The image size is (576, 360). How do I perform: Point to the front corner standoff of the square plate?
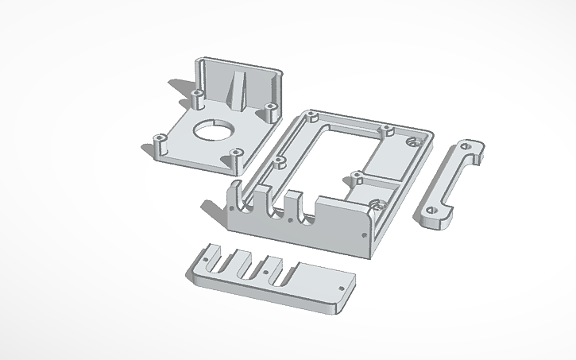click(x=235, y=154)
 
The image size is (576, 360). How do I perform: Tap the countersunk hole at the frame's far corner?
click(x=412, y=142)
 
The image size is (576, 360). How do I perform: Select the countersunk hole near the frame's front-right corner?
click(x=377, y=205)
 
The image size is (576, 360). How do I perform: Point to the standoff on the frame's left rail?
click(x=279, y=161)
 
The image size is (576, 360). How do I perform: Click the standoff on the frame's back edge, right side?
click(x=386, y=128)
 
